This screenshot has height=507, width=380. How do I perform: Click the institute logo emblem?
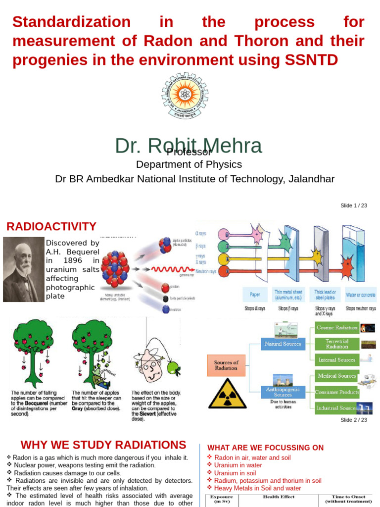click(185, 95)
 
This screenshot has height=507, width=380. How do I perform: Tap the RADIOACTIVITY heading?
click(51, 227)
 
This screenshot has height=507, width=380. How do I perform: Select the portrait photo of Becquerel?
click(24, 269)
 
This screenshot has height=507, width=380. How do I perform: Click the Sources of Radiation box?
click(226, 365)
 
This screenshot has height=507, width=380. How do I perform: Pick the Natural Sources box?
click(283, 343)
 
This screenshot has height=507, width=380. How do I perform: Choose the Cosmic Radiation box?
click(336, 328)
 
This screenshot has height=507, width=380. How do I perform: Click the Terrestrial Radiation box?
click(336, 344)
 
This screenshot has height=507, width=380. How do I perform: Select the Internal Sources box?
click(336, 360)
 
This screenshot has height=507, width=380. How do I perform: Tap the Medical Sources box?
click(336, 376)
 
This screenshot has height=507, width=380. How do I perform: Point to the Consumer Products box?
click(336, 392)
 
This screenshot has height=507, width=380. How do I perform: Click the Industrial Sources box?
click(336, 408)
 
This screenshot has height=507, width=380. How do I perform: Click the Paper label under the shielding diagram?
click(255, 295)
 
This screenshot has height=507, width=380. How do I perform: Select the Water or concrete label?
click(360, 295)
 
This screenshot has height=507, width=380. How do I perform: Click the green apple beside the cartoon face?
click(173, 367)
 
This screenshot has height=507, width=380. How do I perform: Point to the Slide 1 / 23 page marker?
click(353, 205)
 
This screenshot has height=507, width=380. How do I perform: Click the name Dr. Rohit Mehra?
click(188, 146)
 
